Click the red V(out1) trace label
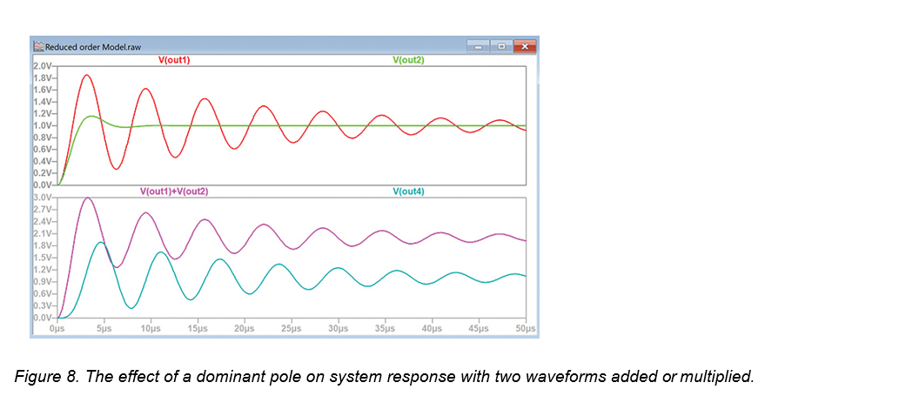(x=173, y=59)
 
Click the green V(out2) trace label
(x=408, y=59)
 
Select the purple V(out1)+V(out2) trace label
(x=174, y=191)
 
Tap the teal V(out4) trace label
(x=408, y=191)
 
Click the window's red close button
(x=524, y=45)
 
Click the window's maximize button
(x=500, y=45)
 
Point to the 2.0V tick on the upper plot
(x=43, y=66)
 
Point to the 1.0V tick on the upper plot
(x=43, y=125)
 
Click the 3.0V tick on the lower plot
(x=43, y=198)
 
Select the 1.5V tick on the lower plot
(x=43, y=258)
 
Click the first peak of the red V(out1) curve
(x=87, y=75)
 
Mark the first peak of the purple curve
(x=87, y=198)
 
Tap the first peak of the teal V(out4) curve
(x=101, y=243)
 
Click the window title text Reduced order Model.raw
(x=93, y=46)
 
